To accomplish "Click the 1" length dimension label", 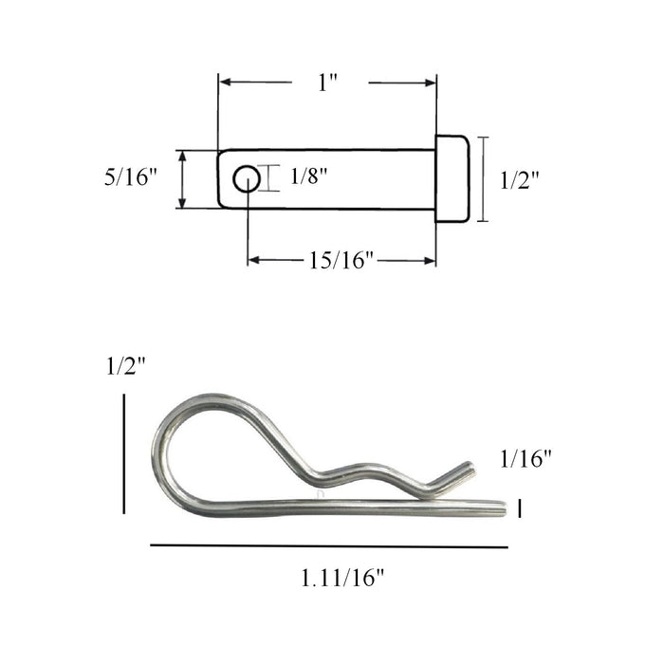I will click(328, 83).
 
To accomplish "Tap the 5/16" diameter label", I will click(130, 177).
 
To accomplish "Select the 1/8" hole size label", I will click(304, 176).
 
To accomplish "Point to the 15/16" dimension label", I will click(342, 261).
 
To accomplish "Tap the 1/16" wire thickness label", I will click(526, 459).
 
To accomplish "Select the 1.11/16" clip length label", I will click(342, 577).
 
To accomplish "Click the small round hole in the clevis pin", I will click(247, 178).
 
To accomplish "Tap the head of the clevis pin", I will click(452, 178).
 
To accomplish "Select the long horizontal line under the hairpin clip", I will click(328, 546).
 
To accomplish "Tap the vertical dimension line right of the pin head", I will click(485, 178).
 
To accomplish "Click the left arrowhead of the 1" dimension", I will click(225, 83).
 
